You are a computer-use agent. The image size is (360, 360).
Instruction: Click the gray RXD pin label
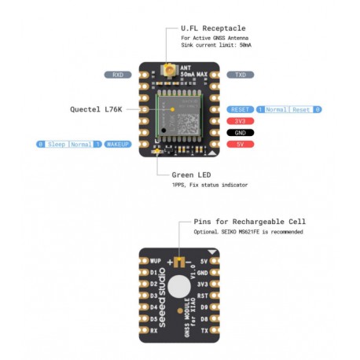click(117, 75)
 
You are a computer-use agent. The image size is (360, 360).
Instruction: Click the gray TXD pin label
click(240, 75)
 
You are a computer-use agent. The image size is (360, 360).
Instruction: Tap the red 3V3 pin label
click(240, 121)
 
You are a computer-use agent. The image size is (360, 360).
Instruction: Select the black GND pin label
click(240, 134)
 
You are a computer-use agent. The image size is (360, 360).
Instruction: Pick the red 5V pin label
click(240, 145)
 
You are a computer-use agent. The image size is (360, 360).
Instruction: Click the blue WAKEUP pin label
click(117, 145)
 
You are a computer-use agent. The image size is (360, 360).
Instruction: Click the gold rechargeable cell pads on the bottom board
click(181, 262)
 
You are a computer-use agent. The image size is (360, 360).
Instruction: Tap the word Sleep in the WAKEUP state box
click(56, 145)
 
